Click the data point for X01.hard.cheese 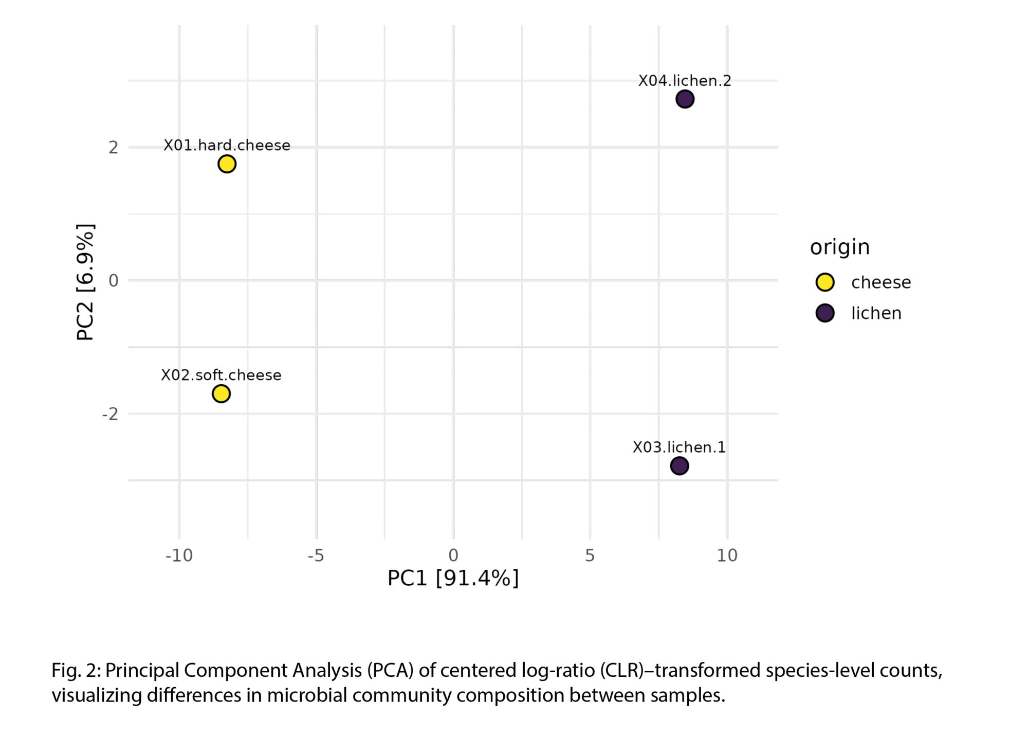pyautogui.click(x=227, y=164)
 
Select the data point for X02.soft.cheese pyautogui.click(x=221, y=394)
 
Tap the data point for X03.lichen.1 pyautogui.click(x=680, y=466)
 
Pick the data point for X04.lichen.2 pyautogui.click(x=685, y=99)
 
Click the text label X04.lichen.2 pyautogui.click(x=685, y=81)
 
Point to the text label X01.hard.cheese pyautogui.click(x=227, y=146)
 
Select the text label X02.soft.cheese pyautogui.click(x=221, y=375)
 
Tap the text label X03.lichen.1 pyautogui.click(x=679, y=447)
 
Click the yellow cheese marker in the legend pyautogui.click(x=825, y=282)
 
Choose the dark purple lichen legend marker pyautogui.click(x=825, y=313)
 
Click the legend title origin pyautogui.click(x=840, y=247)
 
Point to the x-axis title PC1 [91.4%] pyautogui.click(x=453, y=579)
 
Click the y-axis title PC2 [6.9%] pyautogui.click(x=85, y=282)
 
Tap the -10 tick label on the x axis pyautogui.click(x=179, y=555)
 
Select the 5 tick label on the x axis pyautogui.click(x=590, y=555)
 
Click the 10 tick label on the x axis pyautogui.click(x=727, y=555)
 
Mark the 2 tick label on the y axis pyautogui.click(x=113, y=148)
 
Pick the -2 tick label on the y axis pyautogui.click(x=110, y=414)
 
